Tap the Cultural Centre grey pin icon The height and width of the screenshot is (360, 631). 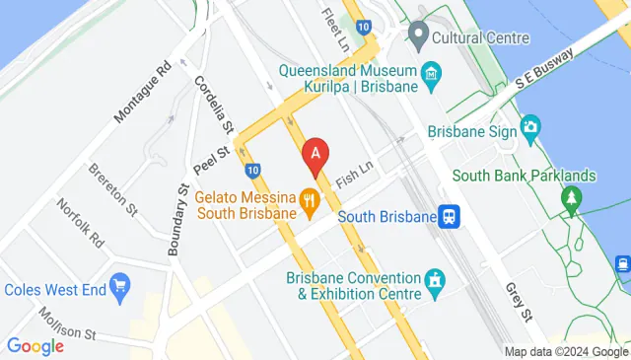(x=418, y=37)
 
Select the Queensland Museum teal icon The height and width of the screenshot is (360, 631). (x=432, y=75)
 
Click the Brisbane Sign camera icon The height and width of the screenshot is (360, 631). (x=530, y=125)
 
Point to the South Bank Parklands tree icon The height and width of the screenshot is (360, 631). (x=571, y=199)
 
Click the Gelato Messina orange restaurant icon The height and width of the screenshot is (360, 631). (x=311, y=203)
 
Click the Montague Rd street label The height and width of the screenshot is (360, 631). (x=144, y=95)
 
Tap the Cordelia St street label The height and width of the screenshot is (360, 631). (x=213, y=107)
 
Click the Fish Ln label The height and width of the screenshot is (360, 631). (x=352, y=176)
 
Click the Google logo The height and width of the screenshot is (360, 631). (x=35, y=346)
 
